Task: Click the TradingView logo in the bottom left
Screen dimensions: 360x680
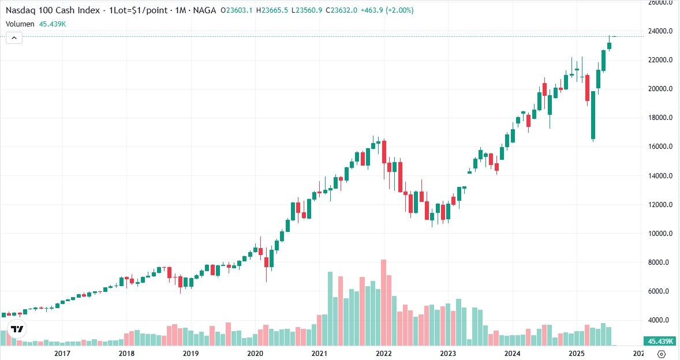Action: coord(17,329)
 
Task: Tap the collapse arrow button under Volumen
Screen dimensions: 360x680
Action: coord(14,38)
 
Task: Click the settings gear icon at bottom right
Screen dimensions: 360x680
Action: coord(662,354)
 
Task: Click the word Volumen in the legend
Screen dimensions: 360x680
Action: coord(20,24)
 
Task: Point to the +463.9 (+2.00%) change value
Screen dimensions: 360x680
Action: coord(387,10)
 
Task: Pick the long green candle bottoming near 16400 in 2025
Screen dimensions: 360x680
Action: coord(593,115)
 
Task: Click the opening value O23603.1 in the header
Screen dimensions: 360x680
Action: coord(240,10)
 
